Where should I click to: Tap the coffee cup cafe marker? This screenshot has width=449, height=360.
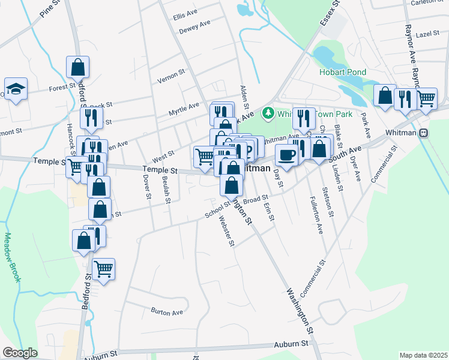[x=286, y=155]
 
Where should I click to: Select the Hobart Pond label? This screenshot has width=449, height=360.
[x=342, y=72]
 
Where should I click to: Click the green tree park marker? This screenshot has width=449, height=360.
[x=268, y=113]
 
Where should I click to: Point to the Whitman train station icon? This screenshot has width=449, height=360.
[x=423, y=132]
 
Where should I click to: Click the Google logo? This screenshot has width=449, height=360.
[x=20, y=352]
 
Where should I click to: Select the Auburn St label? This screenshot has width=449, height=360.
[x=291, y=344]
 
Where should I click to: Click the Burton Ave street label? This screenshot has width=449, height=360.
[x=167, y=312]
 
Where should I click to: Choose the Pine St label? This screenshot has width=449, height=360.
[x=50, y=13]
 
